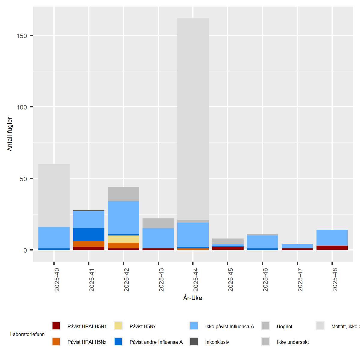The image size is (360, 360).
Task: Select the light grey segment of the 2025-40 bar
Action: (54, 195)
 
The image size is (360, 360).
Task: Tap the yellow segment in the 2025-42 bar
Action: (124, 239)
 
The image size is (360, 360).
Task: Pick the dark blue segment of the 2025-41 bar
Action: (89, 235)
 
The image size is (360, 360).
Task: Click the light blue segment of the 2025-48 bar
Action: (332, 238)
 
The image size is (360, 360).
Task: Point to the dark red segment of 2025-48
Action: (332, 248)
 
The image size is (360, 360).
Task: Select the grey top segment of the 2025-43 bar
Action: (158, 223)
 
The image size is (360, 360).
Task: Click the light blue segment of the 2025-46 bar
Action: (262, 242)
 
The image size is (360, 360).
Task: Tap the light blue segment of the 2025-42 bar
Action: (124, 217)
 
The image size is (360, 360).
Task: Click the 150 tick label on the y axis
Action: (22, 36)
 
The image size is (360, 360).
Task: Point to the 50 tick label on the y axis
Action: (23, 179)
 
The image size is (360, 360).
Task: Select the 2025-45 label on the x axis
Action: (230, 280)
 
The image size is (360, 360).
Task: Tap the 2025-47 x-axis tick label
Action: (300, 280)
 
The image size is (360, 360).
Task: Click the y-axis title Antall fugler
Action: (10, 134)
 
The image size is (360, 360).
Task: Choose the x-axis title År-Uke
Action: (193, 298)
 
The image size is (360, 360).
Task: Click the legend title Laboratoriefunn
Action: (27, 334)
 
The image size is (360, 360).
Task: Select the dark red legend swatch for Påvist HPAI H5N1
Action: (56, 326)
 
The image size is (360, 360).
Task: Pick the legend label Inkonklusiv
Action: (217, 342)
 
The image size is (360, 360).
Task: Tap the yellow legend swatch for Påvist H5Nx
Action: (118, 326)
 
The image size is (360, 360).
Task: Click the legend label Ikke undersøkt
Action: (292, 342)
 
